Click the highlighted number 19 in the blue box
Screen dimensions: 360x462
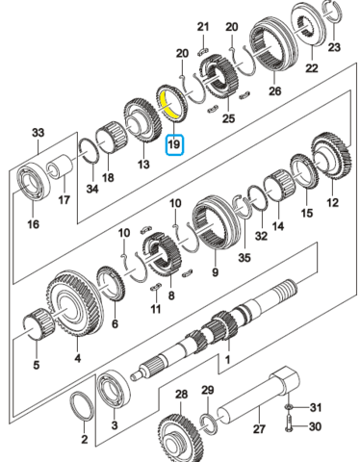[x=174, y=144]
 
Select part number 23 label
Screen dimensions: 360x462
[x=334, y=47]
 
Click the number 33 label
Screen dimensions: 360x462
[x=38, y=132]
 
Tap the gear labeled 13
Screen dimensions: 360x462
[x=142, y=119]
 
